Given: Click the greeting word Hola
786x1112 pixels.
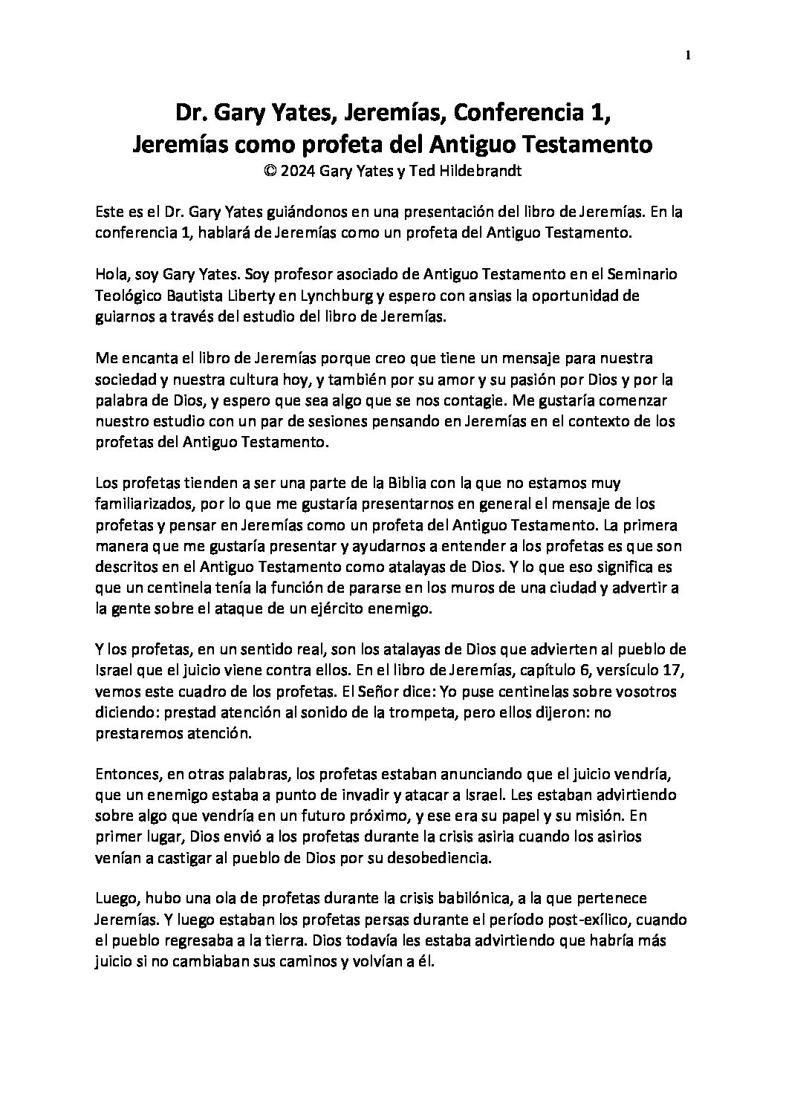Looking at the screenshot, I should coord(110,274).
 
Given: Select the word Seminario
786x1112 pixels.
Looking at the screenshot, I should coord(640,274).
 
